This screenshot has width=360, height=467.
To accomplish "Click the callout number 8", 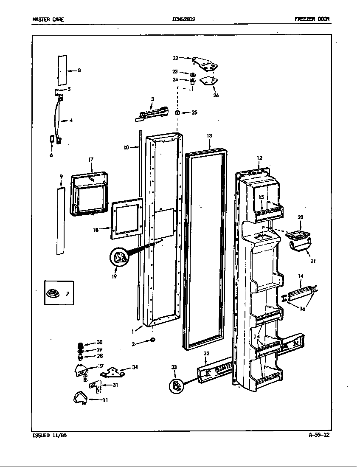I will tap(79, 70).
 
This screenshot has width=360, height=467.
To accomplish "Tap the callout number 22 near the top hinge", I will tap(175, 58).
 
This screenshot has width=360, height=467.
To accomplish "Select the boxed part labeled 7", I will tap(59, 293).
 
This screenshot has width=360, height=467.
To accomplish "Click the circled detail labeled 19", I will tap(119, 258).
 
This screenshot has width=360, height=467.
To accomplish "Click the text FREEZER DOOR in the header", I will tap(312, 19).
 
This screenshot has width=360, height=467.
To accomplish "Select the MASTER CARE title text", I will tap(48, 19).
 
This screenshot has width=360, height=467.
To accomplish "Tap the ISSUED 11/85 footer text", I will tap(49, 435).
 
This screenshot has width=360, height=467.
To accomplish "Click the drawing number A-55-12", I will tap(319, 435).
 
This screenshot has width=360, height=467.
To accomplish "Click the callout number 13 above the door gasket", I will tap(209, 135).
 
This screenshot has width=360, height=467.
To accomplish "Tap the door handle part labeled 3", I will tap(152, 114).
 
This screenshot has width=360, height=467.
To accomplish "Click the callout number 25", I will tap(194, 113).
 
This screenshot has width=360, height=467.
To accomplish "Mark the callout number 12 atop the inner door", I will tap(259, 158).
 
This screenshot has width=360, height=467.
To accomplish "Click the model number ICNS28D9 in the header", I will tap(184, 19).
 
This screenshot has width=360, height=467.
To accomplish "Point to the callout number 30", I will tap(99, 343).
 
